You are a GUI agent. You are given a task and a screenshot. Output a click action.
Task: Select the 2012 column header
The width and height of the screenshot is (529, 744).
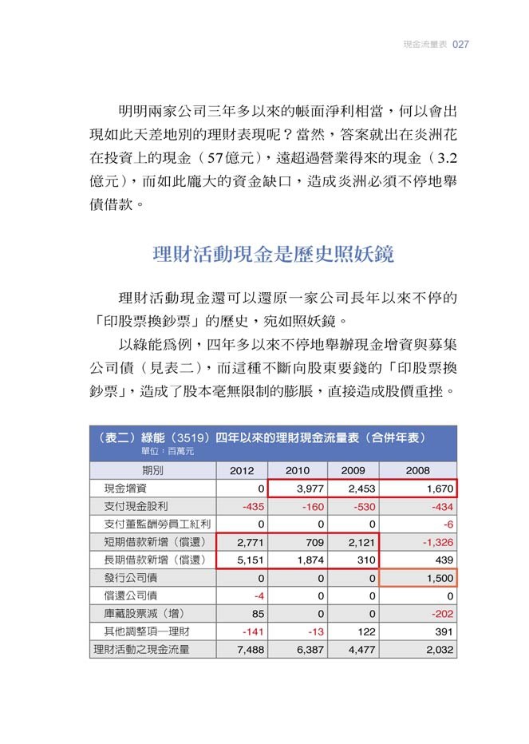point(242,470)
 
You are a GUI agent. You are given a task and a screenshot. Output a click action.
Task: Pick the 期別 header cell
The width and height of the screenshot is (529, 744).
point(152,470)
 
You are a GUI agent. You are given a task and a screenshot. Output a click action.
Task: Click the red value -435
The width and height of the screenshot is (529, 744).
point(252,506)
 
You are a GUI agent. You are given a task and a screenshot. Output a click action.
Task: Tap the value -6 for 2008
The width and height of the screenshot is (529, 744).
point(448,524)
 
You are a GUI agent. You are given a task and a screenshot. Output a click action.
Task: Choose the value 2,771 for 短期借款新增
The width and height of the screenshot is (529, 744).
point(251,542)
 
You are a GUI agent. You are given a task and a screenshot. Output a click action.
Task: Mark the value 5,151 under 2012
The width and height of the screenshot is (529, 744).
point(251,560)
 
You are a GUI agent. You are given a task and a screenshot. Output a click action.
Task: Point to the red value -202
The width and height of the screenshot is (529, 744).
point(442,614)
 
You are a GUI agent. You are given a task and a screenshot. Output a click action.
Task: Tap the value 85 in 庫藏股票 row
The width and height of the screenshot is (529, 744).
point(257,614)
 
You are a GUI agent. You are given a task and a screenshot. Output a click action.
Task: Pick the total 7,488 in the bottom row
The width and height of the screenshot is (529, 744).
point(251,650)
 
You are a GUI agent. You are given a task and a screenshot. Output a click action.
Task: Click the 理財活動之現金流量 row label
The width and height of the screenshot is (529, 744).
point(142,650)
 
